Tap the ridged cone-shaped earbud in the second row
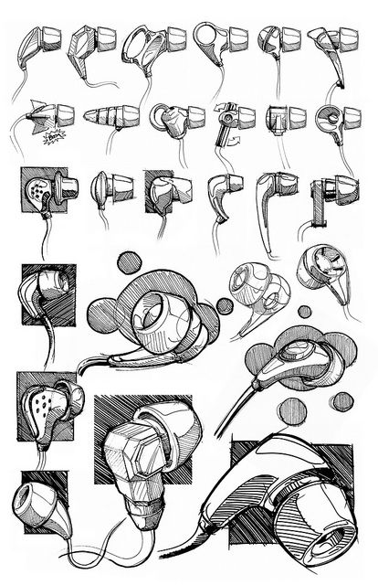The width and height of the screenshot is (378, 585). (108, 117)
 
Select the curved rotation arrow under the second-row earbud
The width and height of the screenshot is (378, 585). (229, 143)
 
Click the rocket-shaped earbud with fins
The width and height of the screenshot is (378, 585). (47, 115)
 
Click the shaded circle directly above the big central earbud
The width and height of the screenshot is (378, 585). (130, 263)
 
